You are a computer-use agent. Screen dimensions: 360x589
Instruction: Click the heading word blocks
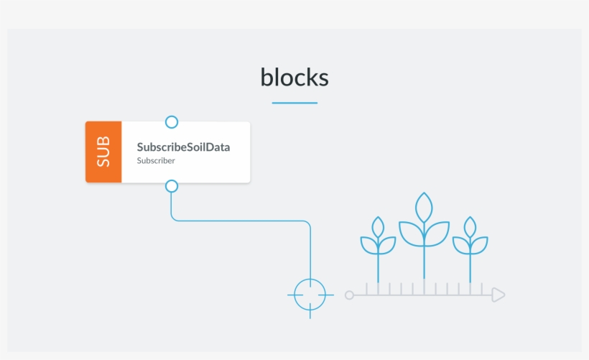[x=294, y=77]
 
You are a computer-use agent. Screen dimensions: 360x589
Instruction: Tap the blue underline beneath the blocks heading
[x=294, y=103]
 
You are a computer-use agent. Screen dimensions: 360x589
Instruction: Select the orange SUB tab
[x=103, y=152]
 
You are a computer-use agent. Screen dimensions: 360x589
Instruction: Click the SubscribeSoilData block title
[x=183, y=147]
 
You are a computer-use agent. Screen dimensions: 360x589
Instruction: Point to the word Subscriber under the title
[x=156, y=161]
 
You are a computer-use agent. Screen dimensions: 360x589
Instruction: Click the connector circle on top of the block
[x=171, y=122]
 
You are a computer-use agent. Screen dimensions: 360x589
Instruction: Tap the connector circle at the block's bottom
[x=171, y=186]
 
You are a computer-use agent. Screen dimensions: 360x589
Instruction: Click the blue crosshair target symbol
[x=310, y=295]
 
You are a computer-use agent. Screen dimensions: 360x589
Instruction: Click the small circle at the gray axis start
[x=349, y=295]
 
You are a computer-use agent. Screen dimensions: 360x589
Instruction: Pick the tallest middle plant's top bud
[x=425, y=208]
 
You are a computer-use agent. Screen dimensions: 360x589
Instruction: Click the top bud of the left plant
[x=378, y=228]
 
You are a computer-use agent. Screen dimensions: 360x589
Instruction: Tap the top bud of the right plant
[x=470, y=228]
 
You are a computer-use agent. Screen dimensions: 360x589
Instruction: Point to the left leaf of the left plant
[x=368, y=245]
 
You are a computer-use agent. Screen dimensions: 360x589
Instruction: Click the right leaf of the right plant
[x=479, y=245]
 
